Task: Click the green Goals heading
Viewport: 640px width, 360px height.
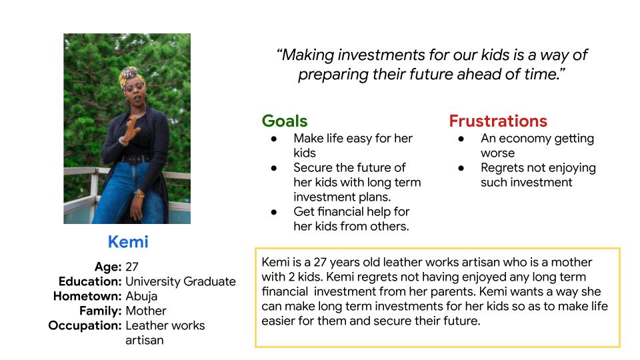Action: point(285,121)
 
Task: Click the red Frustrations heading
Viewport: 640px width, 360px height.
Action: point(497,121)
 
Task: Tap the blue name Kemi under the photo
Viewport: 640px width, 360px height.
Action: point(127,242)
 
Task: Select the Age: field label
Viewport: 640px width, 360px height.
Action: point(107,267)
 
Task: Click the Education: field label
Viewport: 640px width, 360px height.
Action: point(90,281)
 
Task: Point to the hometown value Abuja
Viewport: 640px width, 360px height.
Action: point(141,296)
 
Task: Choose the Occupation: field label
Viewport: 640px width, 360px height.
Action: point(85,325)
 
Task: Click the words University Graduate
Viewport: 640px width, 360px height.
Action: point(181,281)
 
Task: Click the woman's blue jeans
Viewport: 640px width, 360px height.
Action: point(127,190)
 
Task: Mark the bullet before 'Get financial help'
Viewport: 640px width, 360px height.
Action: point(273,212)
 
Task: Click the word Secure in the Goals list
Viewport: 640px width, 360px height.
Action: point(315,168)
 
